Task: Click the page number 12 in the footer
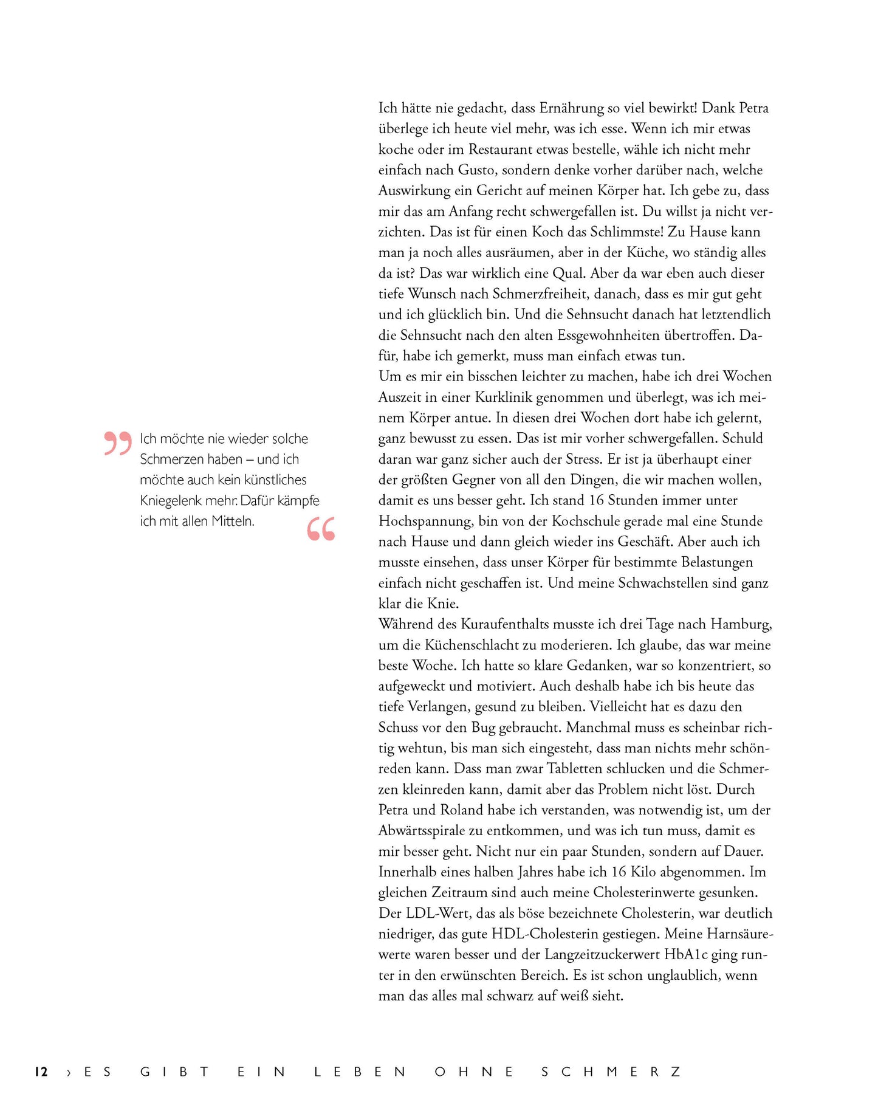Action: coord(41,1072)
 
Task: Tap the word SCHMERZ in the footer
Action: coord(611,1072)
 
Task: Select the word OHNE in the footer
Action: coord(475,1072)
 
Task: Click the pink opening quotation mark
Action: coord(117,443)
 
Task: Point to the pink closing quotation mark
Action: coord(321,529)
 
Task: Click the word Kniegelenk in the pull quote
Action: coord(171,501)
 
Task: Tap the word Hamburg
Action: coord(741,624)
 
